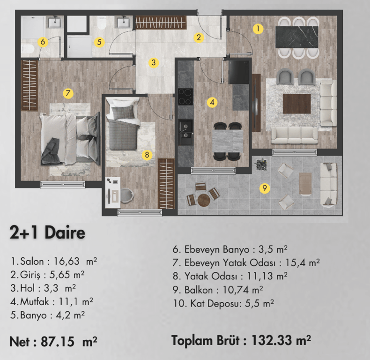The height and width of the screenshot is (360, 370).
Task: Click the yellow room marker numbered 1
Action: pos(257,29)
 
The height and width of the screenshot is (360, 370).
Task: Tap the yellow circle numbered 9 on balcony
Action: pos(265,188)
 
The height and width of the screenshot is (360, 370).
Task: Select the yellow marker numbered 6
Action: pos(43,42)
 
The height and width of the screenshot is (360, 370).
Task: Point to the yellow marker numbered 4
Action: pos(212,102)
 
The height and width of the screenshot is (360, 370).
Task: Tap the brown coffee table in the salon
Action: pos(297,104)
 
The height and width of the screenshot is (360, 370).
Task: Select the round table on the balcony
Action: pos(204,200)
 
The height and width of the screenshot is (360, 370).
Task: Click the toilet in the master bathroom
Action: pos(27,48)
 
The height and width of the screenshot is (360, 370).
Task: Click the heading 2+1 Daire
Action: pos(47,233)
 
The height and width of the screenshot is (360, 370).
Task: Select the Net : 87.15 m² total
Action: pos(53,340)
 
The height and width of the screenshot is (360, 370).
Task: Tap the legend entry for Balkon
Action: pos(218,290)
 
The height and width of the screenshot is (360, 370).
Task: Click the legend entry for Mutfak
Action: pos(52,301)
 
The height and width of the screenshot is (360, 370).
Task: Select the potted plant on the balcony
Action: pos(261,165)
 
